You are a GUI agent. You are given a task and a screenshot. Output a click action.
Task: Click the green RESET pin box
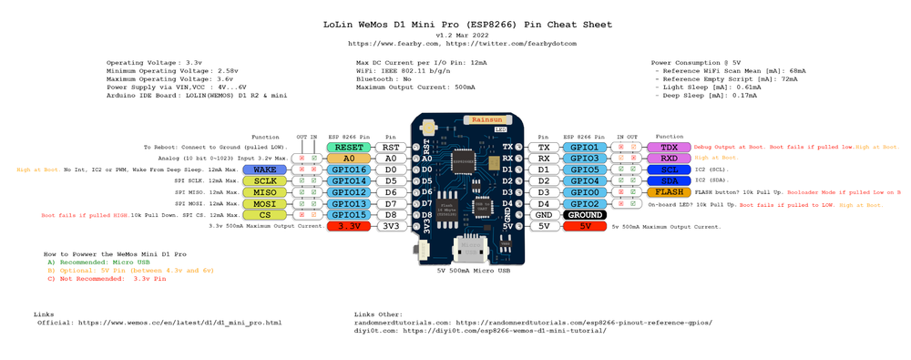pos(350,146)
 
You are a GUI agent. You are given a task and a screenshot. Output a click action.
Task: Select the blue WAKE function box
pos(265,170)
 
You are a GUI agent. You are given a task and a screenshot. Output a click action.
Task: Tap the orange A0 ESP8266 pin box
pos(350,158)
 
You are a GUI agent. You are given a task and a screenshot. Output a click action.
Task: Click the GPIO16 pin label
pos(350,170)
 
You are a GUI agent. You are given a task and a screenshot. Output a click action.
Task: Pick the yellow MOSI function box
pos(265,203)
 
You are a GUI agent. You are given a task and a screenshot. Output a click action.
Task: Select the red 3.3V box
pos(350,226)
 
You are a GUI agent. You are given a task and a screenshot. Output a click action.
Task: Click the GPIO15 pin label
pos(350,214)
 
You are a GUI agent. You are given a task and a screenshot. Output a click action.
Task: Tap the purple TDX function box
pos(669,147)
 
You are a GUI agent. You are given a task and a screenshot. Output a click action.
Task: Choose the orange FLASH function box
pos(669,192)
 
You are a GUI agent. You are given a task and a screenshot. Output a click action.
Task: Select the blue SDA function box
pos(669,180)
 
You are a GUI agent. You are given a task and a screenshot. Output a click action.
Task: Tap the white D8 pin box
pos(390,214)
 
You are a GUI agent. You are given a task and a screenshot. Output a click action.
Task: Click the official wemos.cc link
pos(179,323)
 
